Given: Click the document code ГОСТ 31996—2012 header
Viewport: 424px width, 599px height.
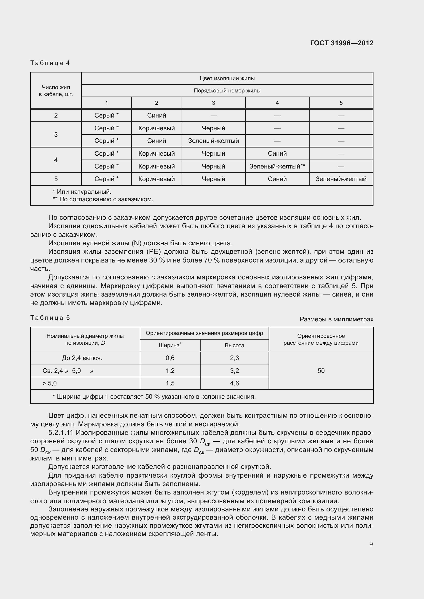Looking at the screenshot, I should pyautogui.click(x=341, y=43).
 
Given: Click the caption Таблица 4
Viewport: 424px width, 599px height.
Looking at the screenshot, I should pyautogui.click(x=50, y=63).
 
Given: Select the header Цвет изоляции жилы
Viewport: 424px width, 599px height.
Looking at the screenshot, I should pyautogui.click(x=227, y=78).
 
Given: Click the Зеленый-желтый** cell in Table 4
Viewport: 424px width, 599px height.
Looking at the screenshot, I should pyautogui.click(x=277, y=166).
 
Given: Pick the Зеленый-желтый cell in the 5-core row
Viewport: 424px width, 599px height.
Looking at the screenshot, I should pyautogui.click(x=341, y=179).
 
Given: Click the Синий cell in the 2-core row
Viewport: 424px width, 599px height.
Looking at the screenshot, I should pyautogui.click(x=156, y=115).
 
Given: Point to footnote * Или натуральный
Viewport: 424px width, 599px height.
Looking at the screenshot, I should pyautogui.click(x=82, y=192).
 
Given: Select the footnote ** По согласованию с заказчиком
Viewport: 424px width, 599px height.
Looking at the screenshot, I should pyautogui.click(x=103, y=199).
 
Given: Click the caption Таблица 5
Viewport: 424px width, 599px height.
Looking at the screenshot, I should pyautogui.click(x=50, y=318).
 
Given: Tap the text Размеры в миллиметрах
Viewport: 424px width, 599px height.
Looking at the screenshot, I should pyautogui.click(x=337, y=319).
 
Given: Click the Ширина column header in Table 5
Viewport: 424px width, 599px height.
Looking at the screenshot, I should pyautogui.click(x=170, y=345).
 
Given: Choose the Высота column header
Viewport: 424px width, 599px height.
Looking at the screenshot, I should pyautogui.click(x=234, y=345).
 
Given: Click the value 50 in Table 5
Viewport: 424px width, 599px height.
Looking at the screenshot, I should pyautogui.click(x=321, y=371).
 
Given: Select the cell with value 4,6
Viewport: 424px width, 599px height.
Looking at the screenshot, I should pyautogui.click(x=234, y=383).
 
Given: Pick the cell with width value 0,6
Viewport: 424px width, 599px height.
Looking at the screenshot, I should pyautogui.click(x=170, y=358).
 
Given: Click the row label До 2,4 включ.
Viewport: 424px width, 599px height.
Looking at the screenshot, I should pyautogui.click(x=82, y=358).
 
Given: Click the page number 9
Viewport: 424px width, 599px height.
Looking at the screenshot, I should pyautogui.click(x=371, y=544).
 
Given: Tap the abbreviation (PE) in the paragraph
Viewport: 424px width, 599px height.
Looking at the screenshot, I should pyautogui.click(x=154, y=252).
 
